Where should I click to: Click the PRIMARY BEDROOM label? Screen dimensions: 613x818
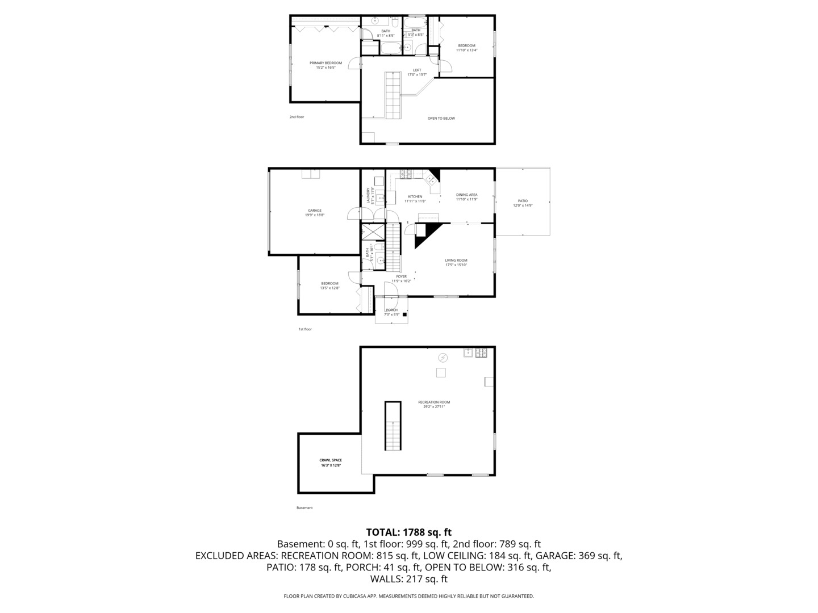(325, 63)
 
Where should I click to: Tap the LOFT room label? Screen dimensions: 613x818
(417, 70)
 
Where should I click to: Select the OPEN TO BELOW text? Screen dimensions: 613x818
(441, 119)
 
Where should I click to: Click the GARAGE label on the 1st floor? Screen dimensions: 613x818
(315, 211)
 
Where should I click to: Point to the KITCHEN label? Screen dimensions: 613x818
(415, 197)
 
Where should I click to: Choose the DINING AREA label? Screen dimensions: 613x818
(466, 195)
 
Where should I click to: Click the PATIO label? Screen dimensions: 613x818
(522, 201)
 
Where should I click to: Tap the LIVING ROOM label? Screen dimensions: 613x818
(456, 261)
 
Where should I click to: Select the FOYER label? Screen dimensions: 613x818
(401, 276)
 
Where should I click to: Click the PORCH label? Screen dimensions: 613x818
(391, 310)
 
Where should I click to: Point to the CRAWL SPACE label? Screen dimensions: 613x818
(331, 460)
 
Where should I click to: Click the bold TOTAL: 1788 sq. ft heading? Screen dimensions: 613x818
(408, 532)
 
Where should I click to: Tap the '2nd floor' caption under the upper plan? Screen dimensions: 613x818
(297, 117)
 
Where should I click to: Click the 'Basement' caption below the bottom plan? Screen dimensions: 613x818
(304, 508)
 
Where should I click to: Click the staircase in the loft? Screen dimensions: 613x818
(393, 95)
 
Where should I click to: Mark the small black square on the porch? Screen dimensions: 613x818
(404, 314)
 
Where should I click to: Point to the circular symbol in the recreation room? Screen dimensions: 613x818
(443, 358)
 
